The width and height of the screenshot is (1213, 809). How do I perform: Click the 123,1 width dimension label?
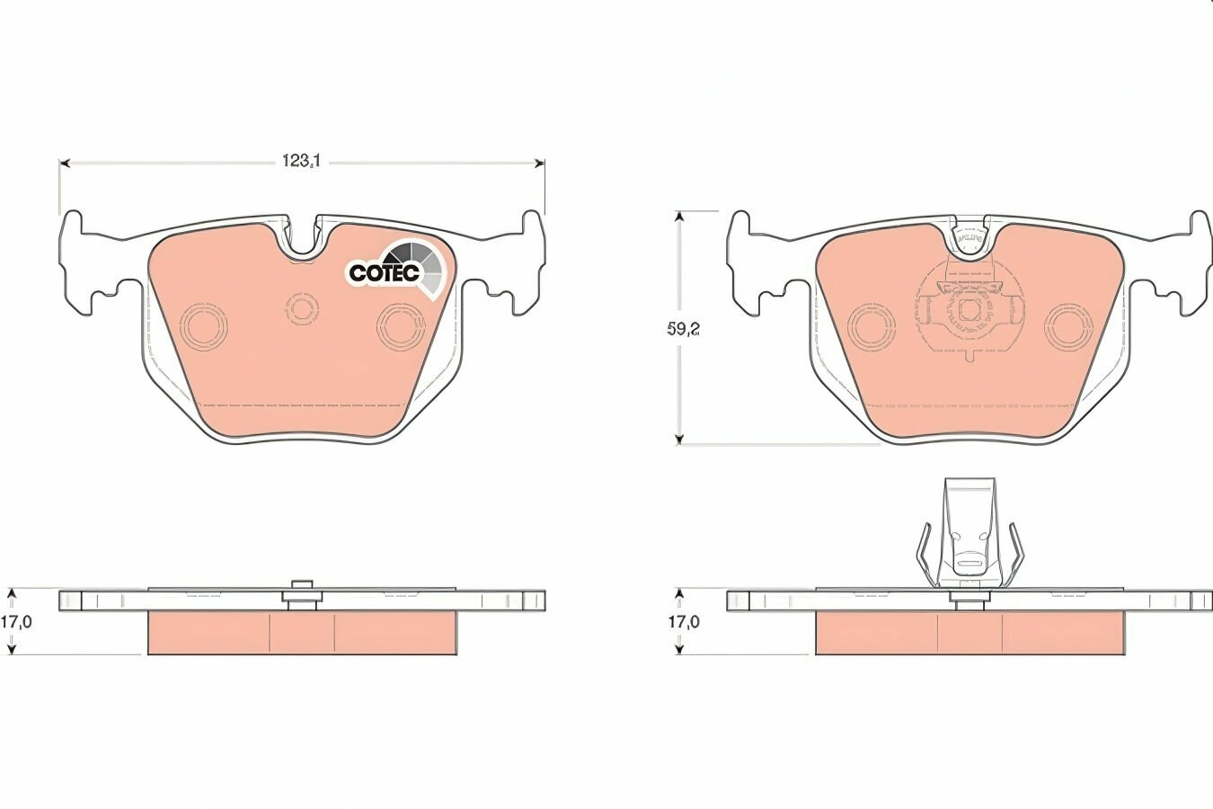pos(302,161)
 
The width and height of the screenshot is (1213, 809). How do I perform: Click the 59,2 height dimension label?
pos(684,329)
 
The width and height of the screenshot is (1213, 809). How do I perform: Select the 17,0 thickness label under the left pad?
pos(16,622)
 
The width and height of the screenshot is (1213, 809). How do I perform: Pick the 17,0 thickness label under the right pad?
pos(684,622)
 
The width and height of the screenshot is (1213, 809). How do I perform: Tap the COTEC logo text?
pos(384,272)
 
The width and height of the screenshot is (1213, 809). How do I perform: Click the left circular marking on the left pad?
pos(204,326)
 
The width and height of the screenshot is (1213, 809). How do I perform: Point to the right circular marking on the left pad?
pos(401,326)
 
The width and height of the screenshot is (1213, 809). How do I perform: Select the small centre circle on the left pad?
pos(301,309)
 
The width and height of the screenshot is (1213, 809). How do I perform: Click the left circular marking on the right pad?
pos(872,326)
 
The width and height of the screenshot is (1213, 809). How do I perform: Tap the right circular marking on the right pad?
pos(1068,326)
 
